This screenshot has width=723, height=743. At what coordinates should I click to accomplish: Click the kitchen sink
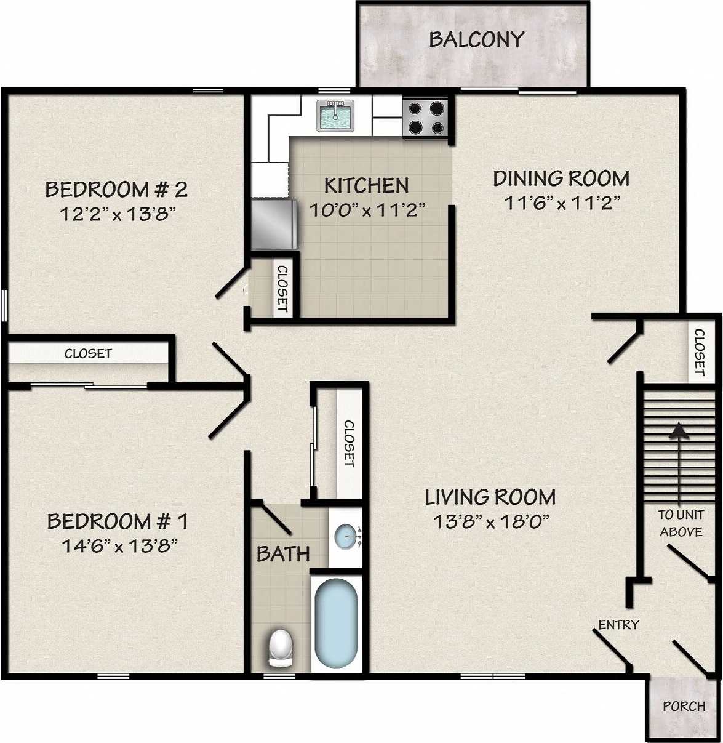coord(335,116)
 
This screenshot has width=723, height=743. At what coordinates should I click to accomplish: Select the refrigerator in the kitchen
coord(274,223)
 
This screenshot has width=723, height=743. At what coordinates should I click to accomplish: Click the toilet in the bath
coord(281,648)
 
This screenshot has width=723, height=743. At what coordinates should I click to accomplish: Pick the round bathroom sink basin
coord(346,536)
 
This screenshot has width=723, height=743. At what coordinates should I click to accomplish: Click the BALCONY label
coord(476,40)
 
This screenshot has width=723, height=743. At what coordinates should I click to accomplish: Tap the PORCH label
coord(684,706)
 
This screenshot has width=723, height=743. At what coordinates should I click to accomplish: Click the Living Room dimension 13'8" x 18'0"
coord(490,522)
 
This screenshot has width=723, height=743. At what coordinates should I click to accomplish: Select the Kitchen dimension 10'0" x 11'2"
coord(367,211)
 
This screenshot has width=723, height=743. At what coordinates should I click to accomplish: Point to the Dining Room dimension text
coord(561,203)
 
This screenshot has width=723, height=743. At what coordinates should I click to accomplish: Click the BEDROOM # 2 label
coord(116,189)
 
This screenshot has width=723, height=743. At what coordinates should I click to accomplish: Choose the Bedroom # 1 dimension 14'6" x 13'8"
coord(119,545)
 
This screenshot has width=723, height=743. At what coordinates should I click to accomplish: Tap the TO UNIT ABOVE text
coord(681,523)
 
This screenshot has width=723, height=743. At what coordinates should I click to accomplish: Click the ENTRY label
coord(618,625)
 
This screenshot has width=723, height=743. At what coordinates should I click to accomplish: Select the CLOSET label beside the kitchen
coord(282,288)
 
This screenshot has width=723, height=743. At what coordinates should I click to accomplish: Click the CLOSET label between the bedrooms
coord(88,353)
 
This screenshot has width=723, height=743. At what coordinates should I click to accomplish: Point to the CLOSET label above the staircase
coord(700,352)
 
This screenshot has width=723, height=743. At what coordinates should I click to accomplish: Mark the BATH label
coord(283,554)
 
